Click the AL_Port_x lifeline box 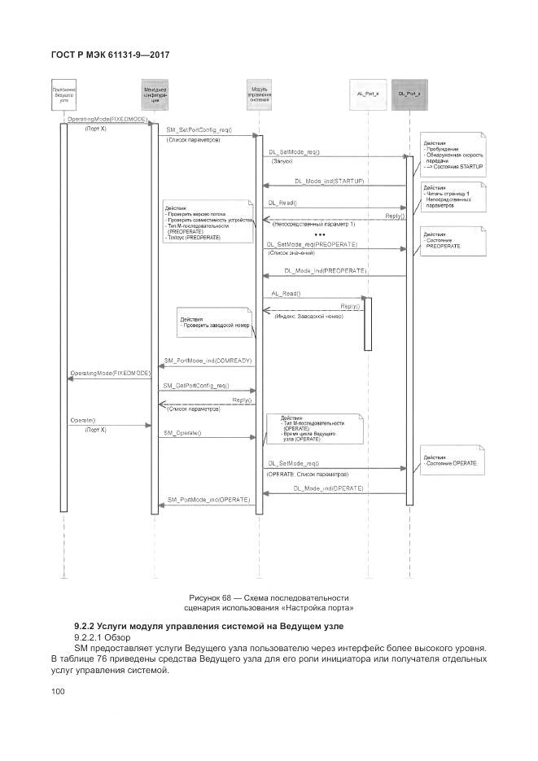pos(366,94)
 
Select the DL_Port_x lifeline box pos(409,94)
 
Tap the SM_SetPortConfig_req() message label pos(199,130)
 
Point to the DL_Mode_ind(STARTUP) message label pos(328,180)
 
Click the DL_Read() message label pos(282,202)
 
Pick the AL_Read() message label pos(286,292)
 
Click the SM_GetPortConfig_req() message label pos(195,385)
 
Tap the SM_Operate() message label pos(182,433)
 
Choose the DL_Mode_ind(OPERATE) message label pos(327,488)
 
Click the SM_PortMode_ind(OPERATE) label pos(208,498)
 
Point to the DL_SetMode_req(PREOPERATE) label pos(311,244)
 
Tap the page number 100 pos(58,692)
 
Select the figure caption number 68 pos(230,598)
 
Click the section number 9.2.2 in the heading pos(85,625)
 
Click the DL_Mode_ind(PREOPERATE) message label pos(326,269)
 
